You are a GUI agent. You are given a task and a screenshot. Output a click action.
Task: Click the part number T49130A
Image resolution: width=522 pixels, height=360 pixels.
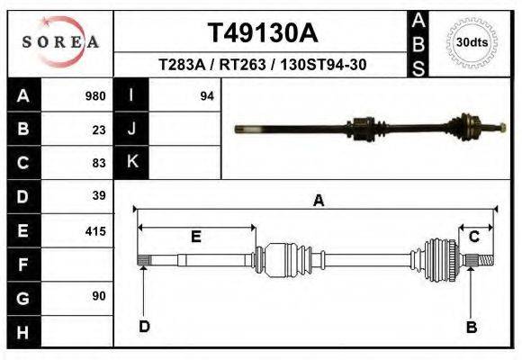tap(262, 33)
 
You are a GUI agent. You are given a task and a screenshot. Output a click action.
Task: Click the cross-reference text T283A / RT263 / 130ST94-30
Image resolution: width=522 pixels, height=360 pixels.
tap(262, 65)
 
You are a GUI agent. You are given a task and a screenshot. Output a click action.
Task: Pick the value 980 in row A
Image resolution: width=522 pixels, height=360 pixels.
tap(94, 95)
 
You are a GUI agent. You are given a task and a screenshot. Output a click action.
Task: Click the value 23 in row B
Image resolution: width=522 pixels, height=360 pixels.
tap(99, 129)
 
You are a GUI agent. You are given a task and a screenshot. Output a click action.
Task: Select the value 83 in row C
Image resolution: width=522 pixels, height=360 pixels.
tap(99, 163)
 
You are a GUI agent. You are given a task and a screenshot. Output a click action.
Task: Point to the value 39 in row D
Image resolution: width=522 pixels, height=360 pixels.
tap(99, 196)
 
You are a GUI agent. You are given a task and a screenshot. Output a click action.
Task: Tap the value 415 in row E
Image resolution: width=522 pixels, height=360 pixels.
tap(94, 230)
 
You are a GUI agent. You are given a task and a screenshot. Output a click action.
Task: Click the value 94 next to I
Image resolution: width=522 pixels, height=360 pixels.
tap(206, 95)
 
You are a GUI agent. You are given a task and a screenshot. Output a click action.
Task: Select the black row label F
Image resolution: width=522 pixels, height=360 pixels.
tap(23, 265)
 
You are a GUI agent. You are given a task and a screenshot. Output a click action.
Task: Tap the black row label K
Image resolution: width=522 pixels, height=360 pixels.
tap(131, 163)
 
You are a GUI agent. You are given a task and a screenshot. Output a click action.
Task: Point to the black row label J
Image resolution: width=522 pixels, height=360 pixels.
tap(131, 129)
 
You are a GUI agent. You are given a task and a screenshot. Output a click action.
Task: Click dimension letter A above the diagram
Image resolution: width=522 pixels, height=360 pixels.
tap(318, 201)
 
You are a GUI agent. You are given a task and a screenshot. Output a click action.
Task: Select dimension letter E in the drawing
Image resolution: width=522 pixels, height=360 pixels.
tap(195, 237)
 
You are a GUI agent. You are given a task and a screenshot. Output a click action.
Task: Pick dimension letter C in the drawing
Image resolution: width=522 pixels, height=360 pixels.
tap(473, 237)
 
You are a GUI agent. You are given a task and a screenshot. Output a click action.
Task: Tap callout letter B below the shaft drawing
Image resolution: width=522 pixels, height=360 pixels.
tap(471, 327)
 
